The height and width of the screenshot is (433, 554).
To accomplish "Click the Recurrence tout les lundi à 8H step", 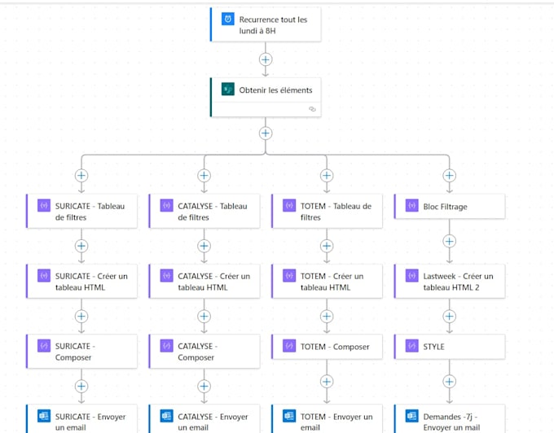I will click(x=273, y=25).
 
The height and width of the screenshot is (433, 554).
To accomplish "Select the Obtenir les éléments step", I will click(x=275, y=90).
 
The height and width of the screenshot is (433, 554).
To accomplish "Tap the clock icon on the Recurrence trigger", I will click(x=227, y=20).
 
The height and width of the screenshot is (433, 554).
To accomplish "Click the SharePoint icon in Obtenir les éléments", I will click(x=227, y=90).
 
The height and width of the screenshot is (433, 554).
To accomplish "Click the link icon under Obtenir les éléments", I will click(x=311, y=109).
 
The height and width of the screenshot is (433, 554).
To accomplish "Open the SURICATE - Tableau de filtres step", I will click(x=90, y=212).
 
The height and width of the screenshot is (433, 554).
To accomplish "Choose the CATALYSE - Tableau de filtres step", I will click(x=212, y=212).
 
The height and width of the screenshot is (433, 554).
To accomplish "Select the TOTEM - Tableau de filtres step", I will click(x=335, y=212).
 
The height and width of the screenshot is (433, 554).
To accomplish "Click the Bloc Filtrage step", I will click(x=456, y=207).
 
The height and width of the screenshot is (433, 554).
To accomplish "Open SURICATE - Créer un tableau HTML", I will click(x=90, y=282).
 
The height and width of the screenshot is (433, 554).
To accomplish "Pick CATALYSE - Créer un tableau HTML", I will click(x=212, y=282).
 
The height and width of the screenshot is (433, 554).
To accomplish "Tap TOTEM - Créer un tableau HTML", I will click(x=335, y=282).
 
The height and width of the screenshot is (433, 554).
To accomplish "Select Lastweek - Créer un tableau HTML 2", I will click(x=456, y=282).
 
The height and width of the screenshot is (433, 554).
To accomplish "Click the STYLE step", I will click(x=456, y=347).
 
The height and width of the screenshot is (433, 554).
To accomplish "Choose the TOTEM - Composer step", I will click(x=335, y=347).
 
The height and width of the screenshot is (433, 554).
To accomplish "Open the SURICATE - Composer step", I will click(x=90, y=352).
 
